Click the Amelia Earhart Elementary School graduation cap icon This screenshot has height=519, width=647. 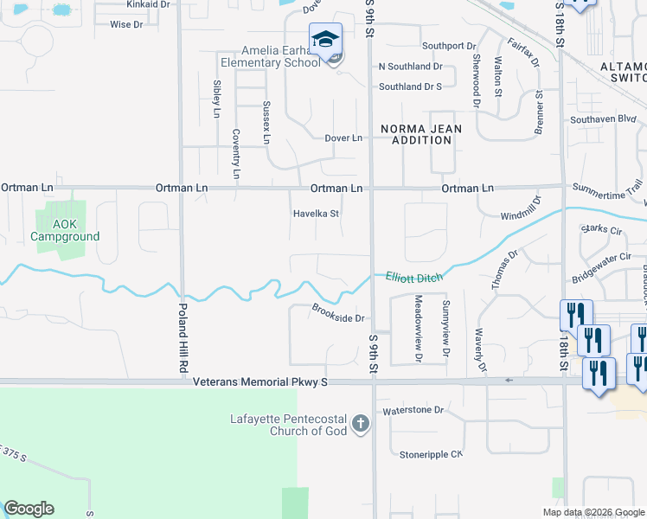(325, 40)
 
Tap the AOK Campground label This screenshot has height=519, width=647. (65, 230)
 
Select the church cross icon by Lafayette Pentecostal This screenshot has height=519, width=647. (361, 425)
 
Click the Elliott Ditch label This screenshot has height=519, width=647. (413, 276)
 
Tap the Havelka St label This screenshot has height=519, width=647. (315, 213)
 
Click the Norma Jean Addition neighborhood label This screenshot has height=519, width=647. (422, 134)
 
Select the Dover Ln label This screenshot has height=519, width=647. (343, 138)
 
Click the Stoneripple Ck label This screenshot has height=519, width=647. (432, 454)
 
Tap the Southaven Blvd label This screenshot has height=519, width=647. (603, 120)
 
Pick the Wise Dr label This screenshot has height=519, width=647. (126, 25)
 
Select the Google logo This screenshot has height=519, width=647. (29, 509)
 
